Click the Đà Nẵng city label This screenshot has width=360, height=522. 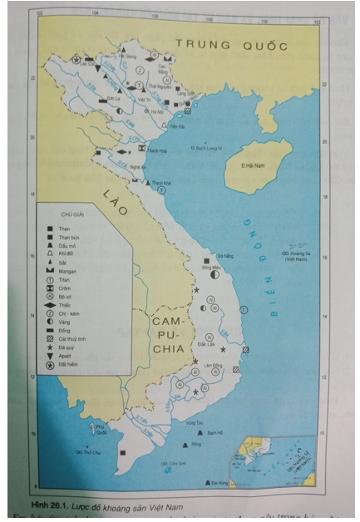click(x=224, y=256)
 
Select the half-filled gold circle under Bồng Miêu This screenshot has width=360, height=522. click(x=214, y=273)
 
